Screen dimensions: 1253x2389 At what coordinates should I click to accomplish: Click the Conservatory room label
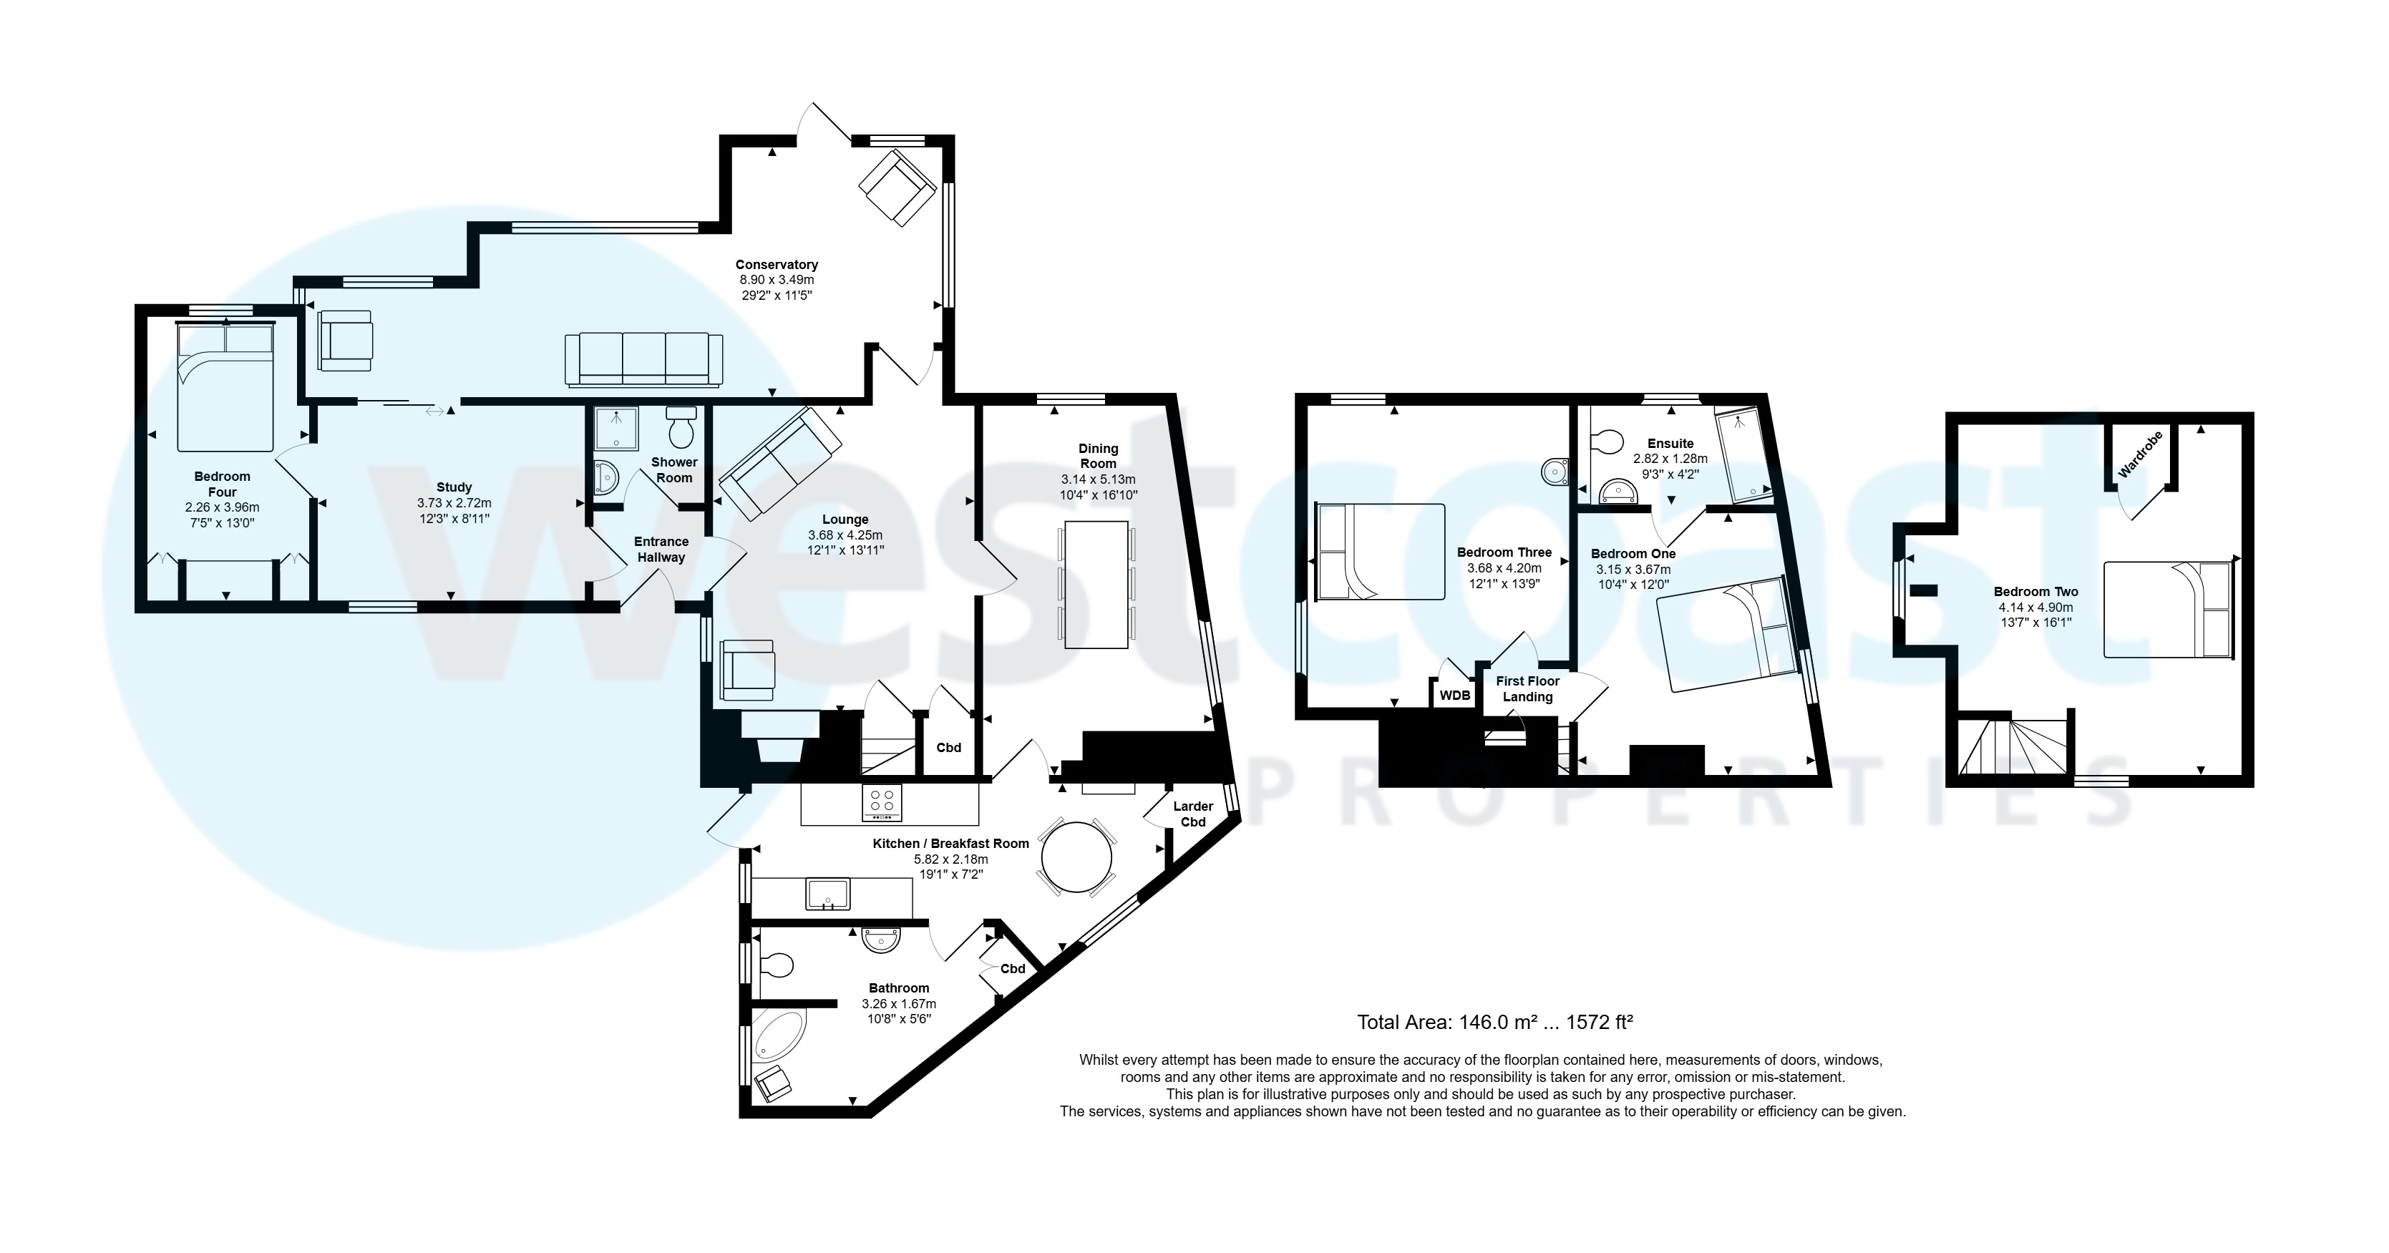click(x=777, y=264)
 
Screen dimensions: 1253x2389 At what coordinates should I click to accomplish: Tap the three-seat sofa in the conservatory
click(x=643, y=360)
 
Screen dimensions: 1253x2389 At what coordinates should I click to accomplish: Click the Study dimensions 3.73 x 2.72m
click(x=454, y=502)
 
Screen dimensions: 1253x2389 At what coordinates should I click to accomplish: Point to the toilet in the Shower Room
click(x=681, y=429)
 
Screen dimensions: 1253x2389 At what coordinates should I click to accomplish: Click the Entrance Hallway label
click(x=661, y=549)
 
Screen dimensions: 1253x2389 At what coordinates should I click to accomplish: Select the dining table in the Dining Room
click(x=1097, y=585)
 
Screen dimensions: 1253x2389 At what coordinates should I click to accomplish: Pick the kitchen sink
click(x=828, y=894)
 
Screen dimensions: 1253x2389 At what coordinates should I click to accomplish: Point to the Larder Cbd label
click(x=1192, y=814)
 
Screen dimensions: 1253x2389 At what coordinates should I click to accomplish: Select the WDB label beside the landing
click(x=1454, y=696)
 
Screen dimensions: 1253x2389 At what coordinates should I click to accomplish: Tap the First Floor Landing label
click(x=1527, y=688)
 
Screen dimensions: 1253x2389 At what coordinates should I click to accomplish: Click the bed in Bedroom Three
click(x=1380, y=552)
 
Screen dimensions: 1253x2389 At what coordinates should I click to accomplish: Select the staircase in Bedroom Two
click(x=2013, y=746)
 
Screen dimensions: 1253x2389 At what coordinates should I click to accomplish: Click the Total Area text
click(x=1494, y=1022)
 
